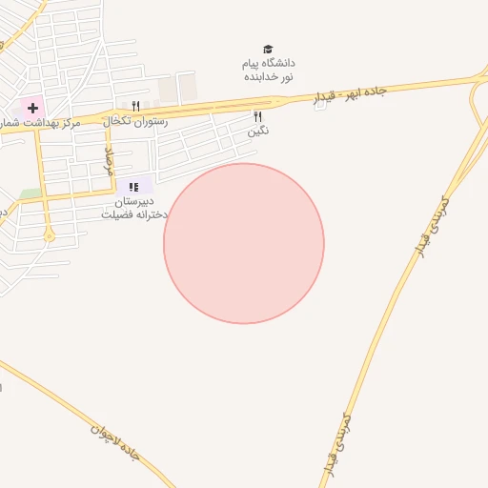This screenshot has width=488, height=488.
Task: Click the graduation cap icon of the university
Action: (268, 50)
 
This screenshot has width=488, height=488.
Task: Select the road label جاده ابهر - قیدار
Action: (349, 94)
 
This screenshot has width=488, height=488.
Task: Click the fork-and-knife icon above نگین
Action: (257, 116)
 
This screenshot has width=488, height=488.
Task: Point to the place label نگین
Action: (257, 131)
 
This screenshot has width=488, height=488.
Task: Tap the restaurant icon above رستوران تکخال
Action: (135, 107)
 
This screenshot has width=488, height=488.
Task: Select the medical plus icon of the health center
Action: (32, 108)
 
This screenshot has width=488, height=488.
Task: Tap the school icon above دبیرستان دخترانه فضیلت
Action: (134, 187)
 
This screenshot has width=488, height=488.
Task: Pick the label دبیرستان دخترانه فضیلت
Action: (134, 208)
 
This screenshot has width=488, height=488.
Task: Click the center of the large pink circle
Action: (244, 243)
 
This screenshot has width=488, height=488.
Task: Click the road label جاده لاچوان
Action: (115, 442)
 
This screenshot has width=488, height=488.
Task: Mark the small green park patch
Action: (30, 193)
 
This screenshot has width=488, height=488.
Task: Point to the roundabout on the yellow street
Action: (49, 235)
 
